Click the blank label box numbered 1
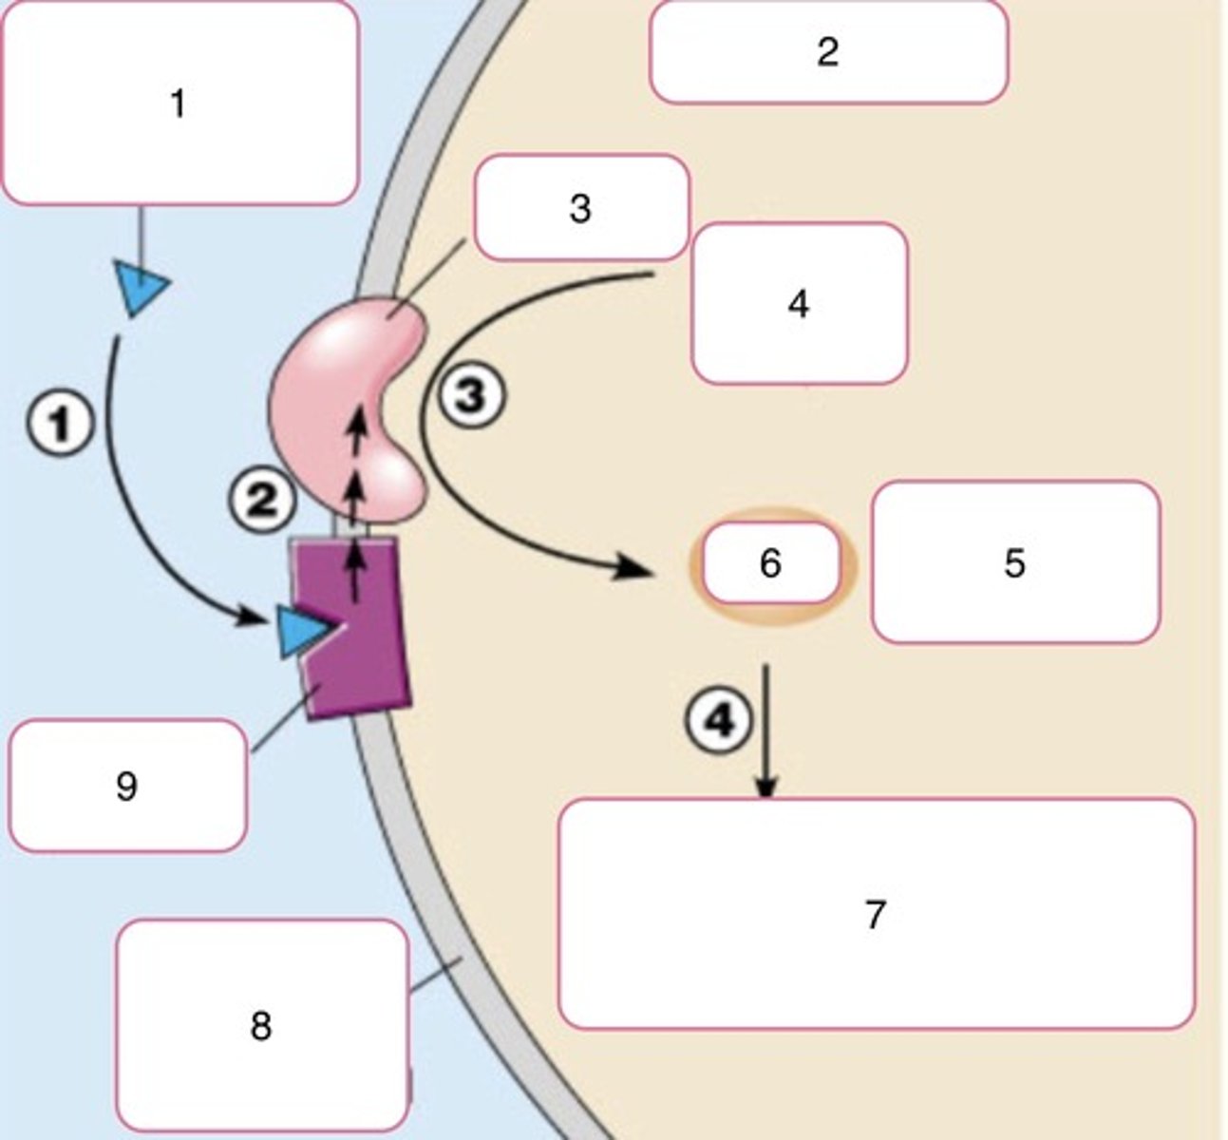(x=179, y=103)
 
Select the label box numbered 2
(x=827, y=52)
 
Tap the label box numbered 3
(x=580, y=208)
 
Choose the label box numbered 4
(x=799, y=304)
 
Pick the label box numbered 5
(x=1014, y=562)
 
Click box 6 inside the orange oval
(x=770, y=563)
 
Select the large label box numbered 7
(x=876, y=914)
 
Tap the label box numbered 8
(x=261, y=1025)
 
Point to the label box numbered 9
(x=126, y=786)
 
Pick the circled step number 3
(x=471, y=395)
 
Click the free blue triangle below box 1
(x=140, y=287)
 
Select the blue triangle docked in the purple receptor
(x=303, y=632)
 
